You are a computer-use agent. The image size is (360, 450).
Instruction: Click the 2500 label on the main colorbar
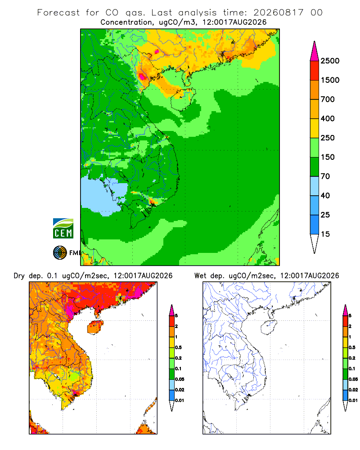[330, 61]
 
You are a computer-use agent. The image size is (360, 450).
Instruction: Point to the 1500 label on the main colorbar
[330, 80]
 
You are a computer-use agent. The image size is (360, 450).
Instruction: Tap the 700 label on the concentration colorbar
[328, 99]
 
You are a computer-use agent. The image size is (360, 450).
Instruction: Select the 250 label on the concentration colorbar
[328, 138]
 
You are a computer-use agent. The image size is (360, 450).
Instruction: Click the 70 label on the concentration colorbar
[325, 176]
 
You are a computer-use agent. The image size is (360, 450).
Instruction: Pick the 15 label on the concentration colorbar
[325, 234]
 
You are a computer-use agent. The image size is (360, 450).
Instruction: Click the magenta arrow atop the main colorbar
[315, 51]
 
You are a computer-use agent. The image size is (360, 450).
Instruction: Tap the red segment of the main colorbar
[315, 71]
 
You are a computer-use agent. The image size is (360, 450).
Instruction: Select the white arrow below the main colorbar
[315, 243]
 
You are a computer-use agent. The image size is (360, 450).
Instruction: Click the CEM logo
[63, 229]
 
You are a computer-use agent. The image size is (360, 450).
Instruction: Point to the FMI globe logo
[60, 253]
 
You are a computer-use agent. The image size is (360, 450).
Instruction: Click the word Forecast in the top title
[58, 13]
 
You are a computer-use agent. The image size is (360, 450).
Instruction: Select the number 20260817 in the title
[278, 13]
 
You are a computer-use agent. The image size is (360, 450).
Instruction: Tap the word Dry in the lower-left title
[19, 276]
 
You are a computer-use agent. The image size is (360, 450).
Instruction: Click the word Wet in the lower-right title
[200, 276]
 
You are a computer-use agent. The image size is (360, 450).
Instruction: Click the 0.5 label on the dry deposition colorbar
[178, 347]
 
